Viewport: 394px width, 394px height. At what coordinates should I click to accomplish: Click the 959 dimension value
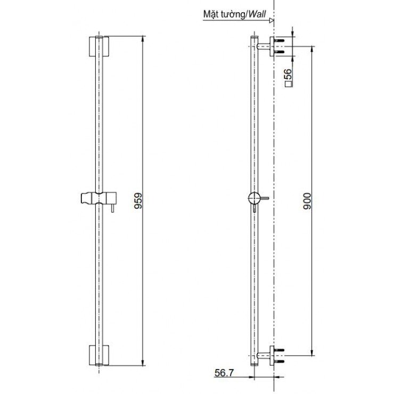[x=138, y=201]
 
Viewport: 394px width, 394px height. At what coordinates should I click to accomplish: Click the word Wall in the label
[x=259, y=14]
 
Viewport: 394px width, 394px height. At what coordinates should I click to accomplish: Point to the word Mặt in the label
[x=211, y=14]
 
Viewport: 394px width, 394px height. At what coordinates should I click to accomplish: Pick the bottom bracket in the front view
[x=99, y=355]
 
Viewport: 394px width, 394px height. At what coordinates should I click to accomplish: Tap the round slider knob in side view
[x=254, y=199]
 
